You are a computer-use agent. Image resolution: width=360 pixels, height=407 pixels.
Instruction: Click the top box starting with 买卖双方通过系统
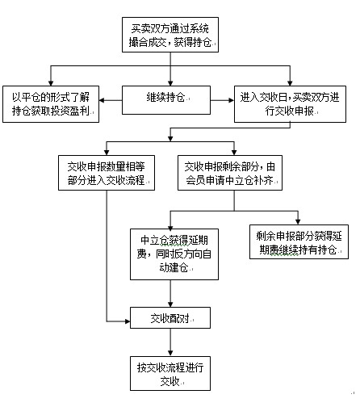tap(170, 35)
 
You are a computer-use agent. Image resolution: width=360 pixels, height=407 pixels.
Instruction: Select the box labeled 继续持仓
tap(166, 100)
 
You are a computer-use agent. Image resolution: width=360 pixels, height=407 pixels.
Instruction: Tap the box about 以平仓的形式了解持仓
tap(51, 104)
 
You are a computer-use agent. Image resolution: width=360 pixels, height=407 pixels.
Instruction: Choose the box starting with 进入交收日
tap(290, 104)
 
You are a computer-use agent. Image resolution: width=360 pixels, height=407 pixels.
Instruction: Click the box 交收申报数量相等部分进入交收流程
tap(107, 173)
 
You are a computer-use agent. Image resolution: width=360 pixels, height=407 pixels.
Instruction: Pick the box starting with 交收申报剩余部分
tap(230, 173)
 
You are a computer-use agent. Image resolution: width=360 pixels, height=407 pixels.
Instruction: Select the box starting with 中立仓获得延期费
tap(174, 254)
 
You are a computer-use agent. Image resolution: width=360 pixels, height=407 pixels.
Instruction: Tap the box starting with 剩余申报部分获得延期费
tap(299, 242)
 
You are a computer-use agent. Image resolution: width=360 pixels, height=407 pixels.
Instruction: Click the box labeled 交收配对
tap(170, 317)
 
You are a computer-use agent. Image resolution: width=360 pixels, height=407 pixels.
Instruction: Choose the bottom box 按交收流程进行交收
tap(170, 373)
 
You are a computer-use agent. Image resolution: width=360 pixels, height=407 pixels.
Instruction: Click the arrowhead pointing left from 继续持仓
tap(102, 100)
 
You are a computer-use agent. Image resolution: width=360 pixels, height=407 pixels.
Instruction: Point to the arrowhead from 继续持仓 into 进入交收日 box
tap(232, 100)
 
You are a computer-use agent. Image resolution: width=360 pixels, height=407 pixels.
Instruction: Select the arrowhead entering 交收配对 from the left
tap(128, 321)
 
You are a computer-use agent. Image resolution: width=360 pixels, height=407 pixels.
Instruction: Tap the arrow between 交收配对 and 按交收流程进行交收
tap(170, 342)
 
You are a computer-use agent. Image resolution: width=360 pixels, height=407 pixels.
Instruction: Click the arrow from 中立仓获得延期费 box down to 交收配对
tap(170, 293)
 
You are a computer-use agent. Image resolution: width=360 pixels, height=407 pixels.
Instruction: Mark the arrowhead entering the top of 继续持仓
tap(170, 83)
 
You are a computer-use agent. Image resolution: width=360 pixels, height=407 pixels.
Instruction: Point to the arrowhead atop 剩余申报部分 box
tap(298, 222)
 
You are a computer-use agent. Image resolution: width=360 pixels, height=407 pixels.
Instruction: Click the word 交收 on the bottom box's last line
tap(170, 381)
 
